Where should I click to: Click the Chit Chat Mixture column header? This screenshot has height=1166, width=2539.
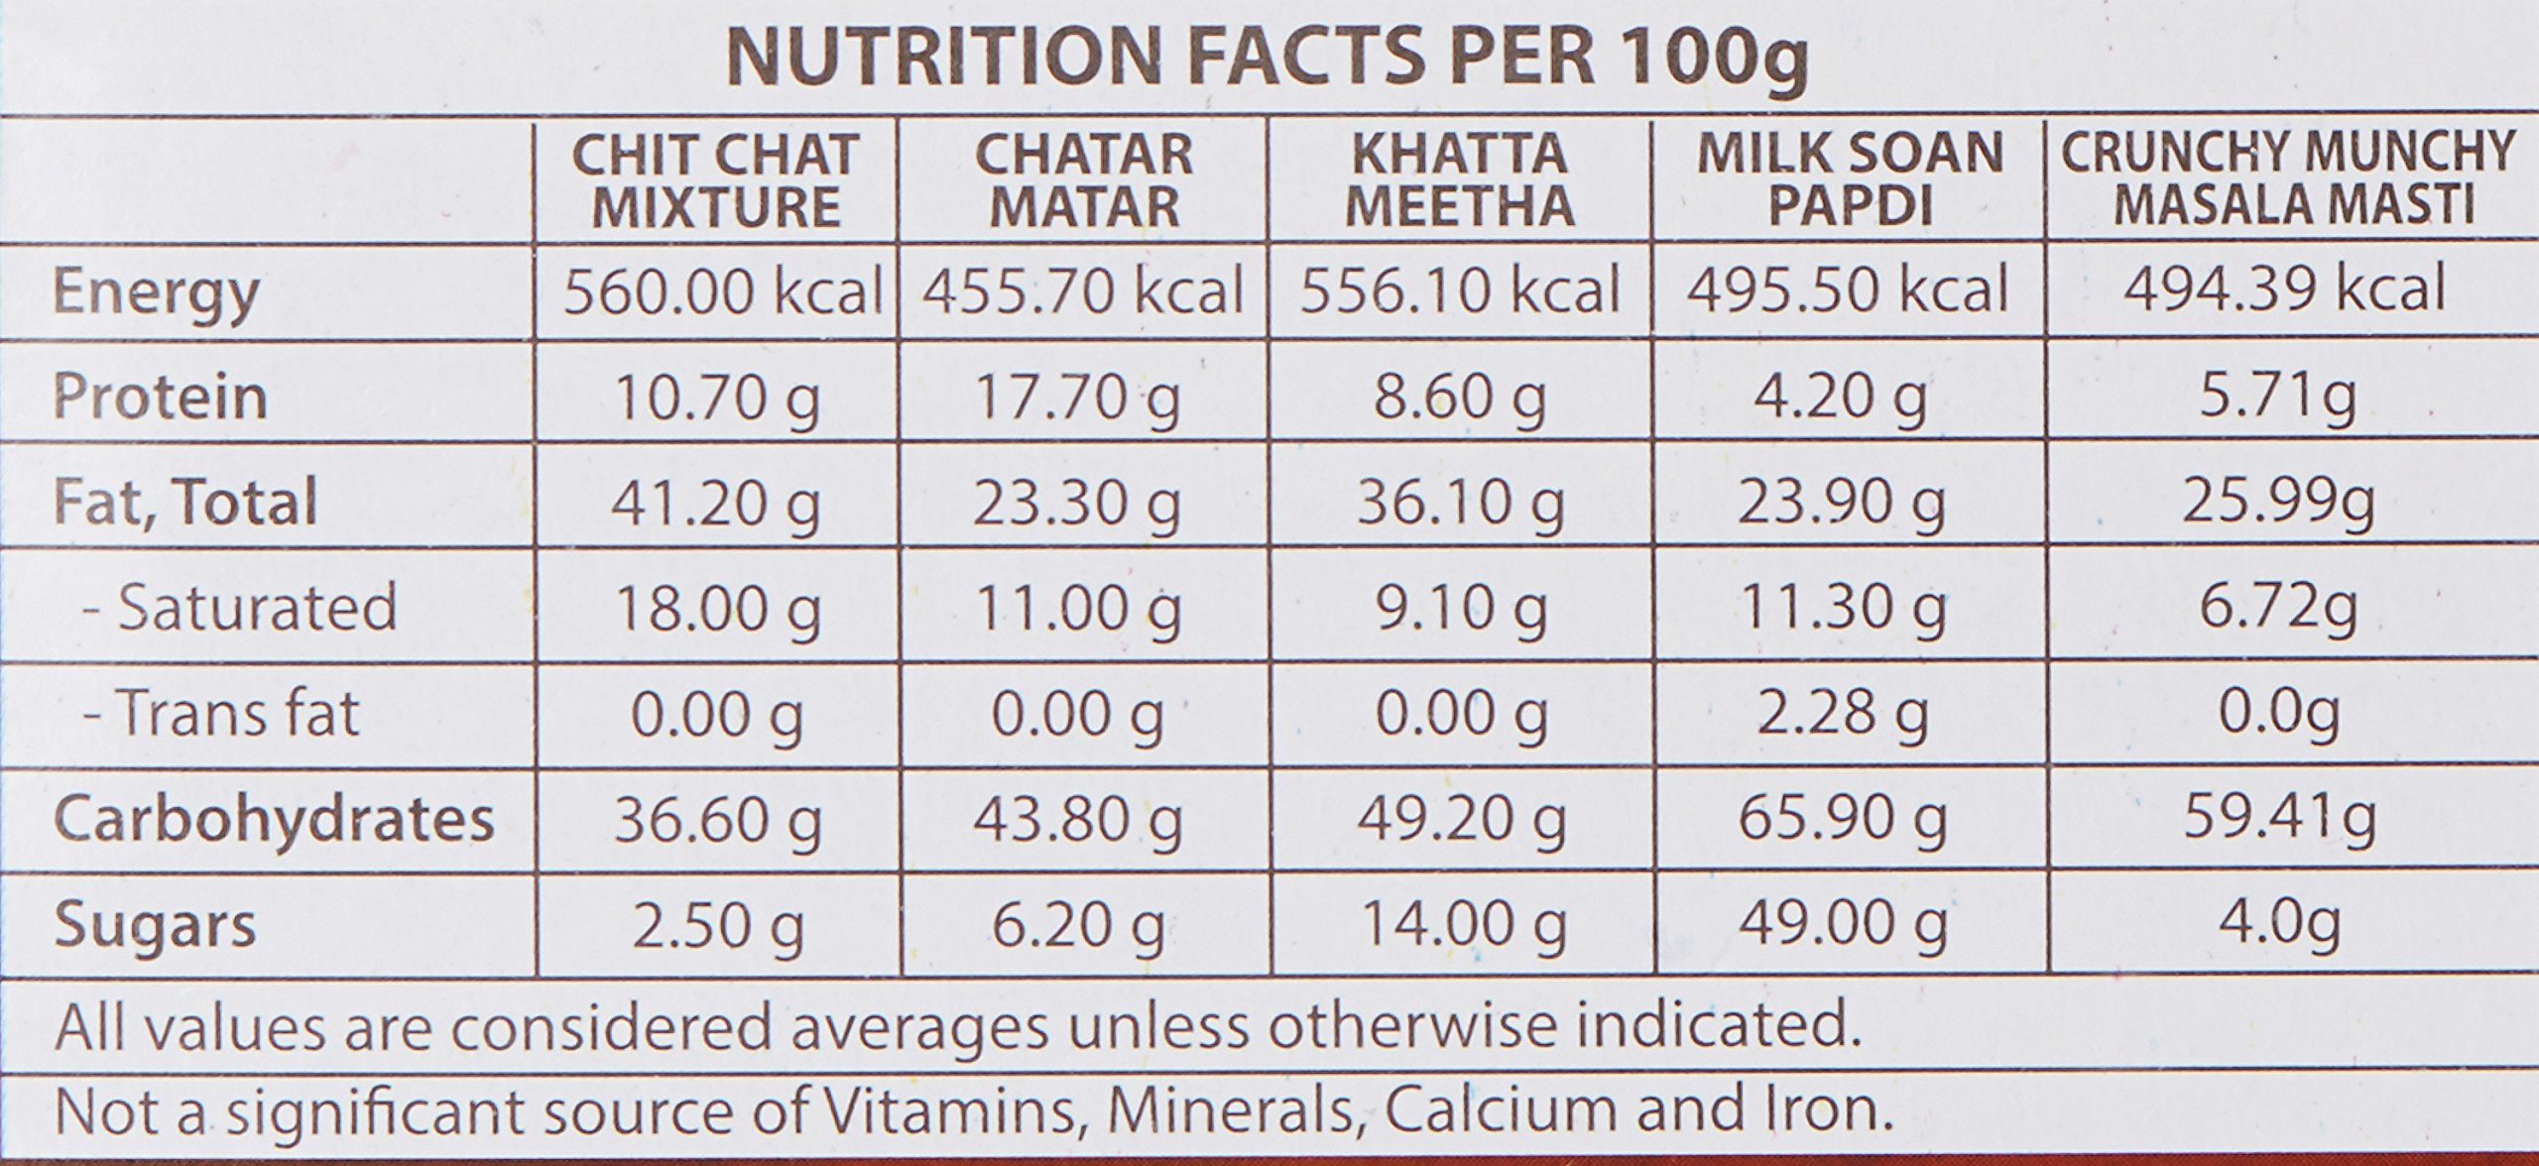[716, 180]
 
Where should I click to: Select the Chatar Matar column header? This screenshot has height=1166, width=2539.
[1084, 180]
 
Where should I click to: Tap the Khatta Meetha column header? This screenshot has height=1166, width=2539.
[1460, 180]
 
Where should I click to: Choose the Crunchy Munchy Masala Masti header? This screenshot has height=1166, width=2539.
[2290, 180]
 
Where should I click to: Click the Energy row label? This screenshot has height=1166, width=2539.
[156, 293]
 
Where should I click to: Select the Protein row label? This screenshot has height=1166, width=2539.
[160, 397]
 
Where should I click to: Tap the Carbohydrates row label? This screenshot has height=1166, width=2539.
[273, 819]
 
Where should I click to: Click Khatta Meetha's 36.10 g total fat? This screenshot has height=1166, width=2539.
[1460, 503]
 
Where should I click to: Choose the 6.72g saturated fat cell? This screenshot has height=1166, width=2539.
[2278, 608]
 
